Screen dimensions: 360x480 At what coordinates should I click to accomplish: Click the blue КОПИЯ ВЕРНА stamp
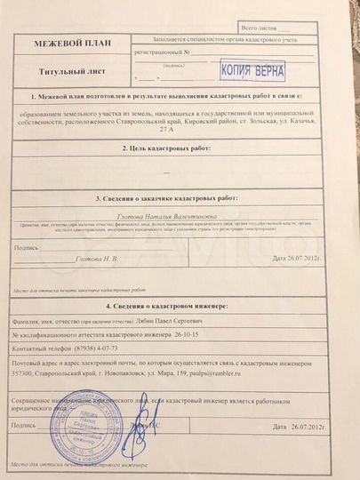(x=252, y=68)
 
